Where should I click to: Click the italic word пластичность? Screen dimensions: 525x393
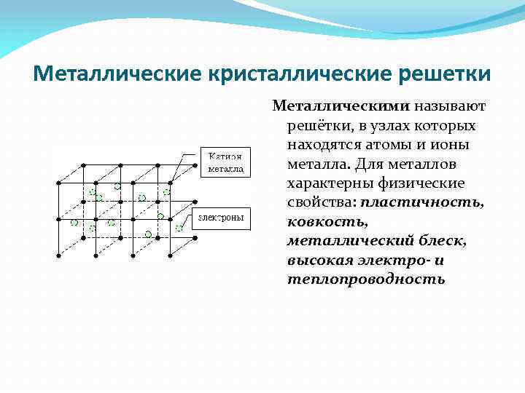[421, 202]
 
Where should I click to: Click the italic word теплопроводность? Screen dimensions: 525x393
[366, 278]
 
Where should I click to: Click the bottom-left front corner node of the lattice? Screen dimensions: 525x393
[58, 255]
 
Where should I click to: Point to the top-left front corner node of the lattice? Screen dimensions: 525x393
[58, 183]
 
